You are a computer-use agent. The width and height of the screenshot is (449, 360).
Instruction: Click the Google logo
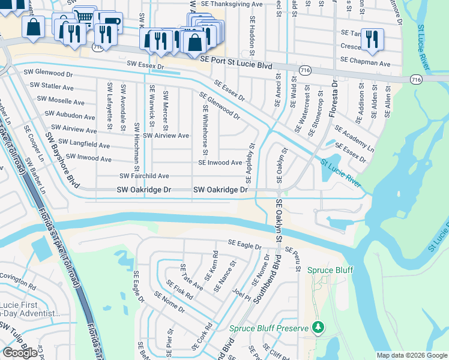tap(20, 353)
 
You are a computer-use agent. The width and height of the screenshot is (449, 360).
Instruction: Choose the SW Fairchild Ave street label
tap(144, 176)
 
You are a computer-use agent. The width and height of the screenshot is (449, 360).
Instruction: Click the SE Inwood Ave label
tap(220, 163)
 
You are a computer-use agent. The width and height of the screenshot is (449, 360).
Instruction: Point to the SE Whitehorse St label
tap(205, 130)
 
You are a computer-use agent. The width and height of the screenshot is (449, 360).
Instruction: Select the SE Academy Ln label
tap(354, 139)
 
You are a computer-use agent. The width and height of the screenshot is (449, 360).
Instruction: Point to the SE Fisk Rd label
tap(179, 290)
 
